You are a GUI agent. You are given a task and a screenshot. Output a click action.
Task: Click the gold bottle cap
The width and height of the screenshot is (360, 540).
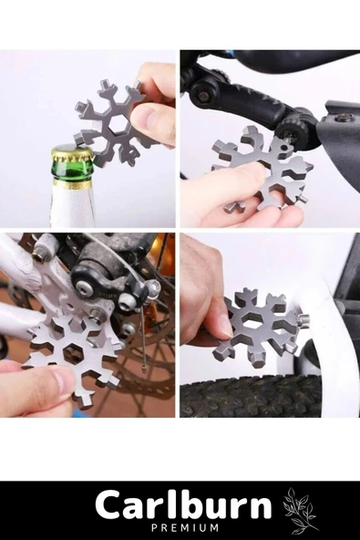point(72,155)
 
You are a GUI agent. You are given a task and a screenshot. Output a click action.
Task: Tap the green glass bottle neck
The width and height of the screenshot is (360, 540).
point(71,173)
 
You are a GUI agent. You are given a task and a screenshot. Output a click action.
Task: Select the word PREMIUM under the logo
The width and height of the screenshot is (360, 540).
point(185,527)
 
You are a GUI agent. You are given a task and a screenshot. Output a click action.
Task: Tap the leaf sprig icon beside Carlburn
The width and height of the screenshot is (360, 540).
point(300,509)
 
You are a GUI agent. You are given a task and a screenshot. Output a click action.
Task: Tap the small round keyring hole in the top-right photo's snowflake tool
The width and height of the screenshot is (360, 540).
point(284,148)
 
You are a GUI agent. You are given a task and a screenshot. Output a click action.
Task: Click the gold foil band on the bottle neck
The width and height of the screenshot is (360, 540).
point(71,184)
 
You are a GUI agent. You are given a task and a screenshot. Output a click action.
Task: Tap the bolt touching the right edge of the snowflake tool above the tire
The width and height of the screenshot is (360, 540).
point(304,317)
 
